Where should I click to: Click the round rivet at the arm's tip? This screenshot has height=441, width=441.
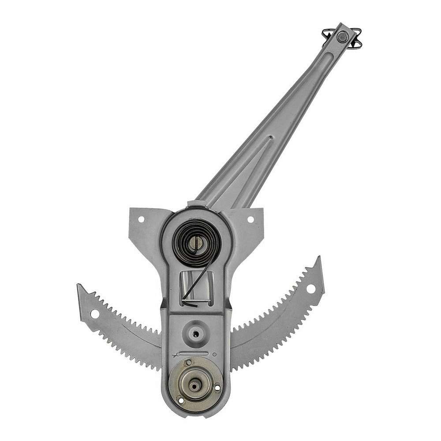(342, 37)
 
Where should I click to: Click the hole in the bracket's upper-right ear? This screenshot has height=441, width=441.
(250, 219)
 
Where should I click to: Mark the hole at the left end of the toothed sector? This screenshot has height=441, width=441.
(94, 314)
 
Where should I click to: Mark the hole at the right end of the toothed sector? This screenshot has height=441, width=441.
(311, 289)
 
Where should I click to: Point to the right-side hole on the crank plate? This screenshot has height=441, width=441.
(217, 388)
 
